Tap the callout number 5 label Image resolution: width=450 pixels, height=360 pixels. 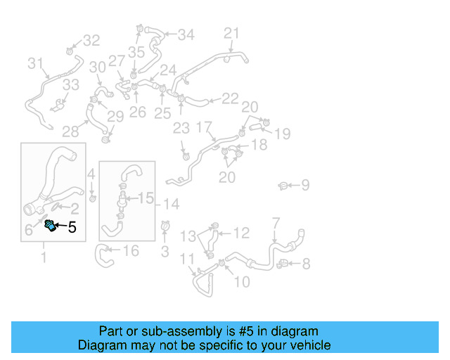72,227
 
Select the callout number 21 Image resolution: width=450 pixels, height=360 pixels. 231,33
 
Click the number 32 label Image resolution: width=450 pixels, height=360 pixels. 91,41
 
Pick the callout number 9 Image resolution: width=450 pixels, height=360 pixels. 304,186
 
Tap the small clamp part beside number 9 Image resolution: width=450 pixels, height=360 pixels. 283,186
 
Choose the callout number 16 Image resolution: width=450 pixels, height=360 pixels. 131,251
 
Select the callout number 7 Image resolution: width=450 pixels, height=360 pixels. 276,224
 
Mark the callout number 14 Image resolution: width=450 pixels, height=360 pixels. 171,204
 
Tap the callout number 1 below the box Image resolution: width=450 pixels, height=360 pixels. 44,257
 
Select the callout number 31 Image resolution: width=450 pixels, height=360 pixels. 35,64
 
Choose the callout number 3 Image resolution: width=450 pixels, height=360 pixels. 165,251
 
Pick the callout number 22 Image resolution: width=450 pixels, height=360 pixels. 230,99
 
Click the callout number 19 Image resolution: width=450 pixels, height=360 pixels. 282,133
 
